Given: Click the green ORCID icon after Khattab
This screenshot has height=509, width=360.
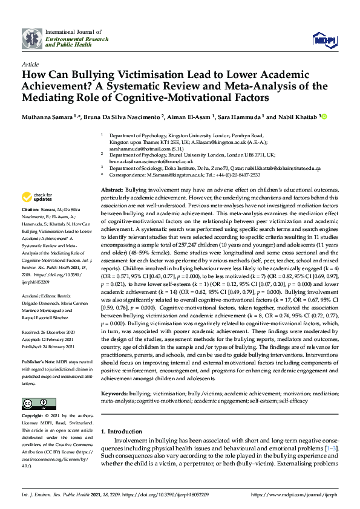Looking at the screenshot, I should click(324, 116).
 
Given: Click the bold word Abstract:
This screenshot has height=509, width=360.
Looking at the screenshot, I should click(112, 190).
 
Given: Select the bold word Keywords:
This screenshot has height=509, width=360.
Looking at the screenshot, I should click(114, 393).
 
